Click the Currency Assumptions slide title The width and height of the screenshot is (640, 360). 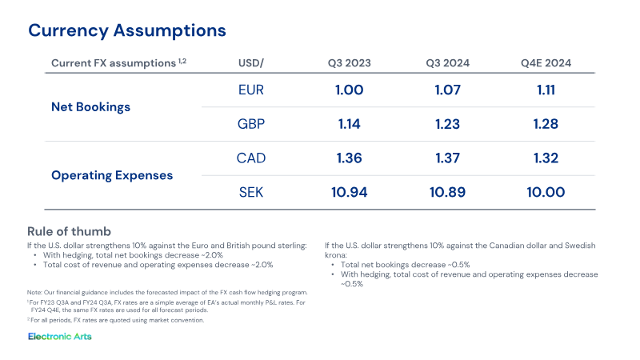[x=127, y=30]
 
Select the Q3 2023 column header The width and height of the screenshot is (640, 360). [x=350, y=63]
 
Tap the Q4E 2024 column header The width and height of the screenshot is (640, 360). [x=546, y=63]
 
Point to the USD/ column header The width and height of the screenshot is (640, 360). [x=251, y=63]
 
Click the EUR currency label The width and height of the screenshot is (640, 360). [x=251, y=90]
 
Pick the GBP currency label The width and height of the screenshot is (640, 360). [x=251, y=124]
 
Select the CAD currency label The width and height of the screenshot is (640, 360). [x=251, y=158]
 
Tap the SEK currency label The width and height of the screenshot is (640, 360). [x=251, y=192]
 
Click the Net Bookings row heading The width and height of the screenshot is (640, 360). [x=90, y=107]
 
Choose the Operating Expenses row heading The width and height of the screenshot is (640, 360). [x=112, y=175]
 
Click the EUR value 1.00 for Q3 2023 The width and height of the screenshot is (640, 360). [x=350, y=90]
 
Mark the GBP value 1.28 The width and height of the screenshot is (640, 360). [x=546, y=124]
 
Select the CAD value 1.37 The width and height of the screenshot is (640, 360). [x=448, y=158]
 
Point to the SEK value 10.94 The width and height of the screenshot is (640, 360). [x=350, y=192]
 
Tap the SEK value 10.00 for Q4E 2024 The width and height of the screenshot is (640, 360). [x=546, y=192]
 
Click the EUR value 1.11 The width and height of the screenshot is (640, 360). [x=546, y=90]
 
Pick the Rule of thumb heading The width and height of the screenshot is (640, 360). [x=69, y=232]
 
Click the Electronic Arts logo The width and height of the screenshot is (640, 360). [x=60, y=336]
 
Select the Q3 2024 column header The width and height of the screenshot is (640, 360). [x=448, y=63]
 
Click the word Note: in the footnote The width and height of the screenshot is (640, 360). [x=34, y=293]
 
